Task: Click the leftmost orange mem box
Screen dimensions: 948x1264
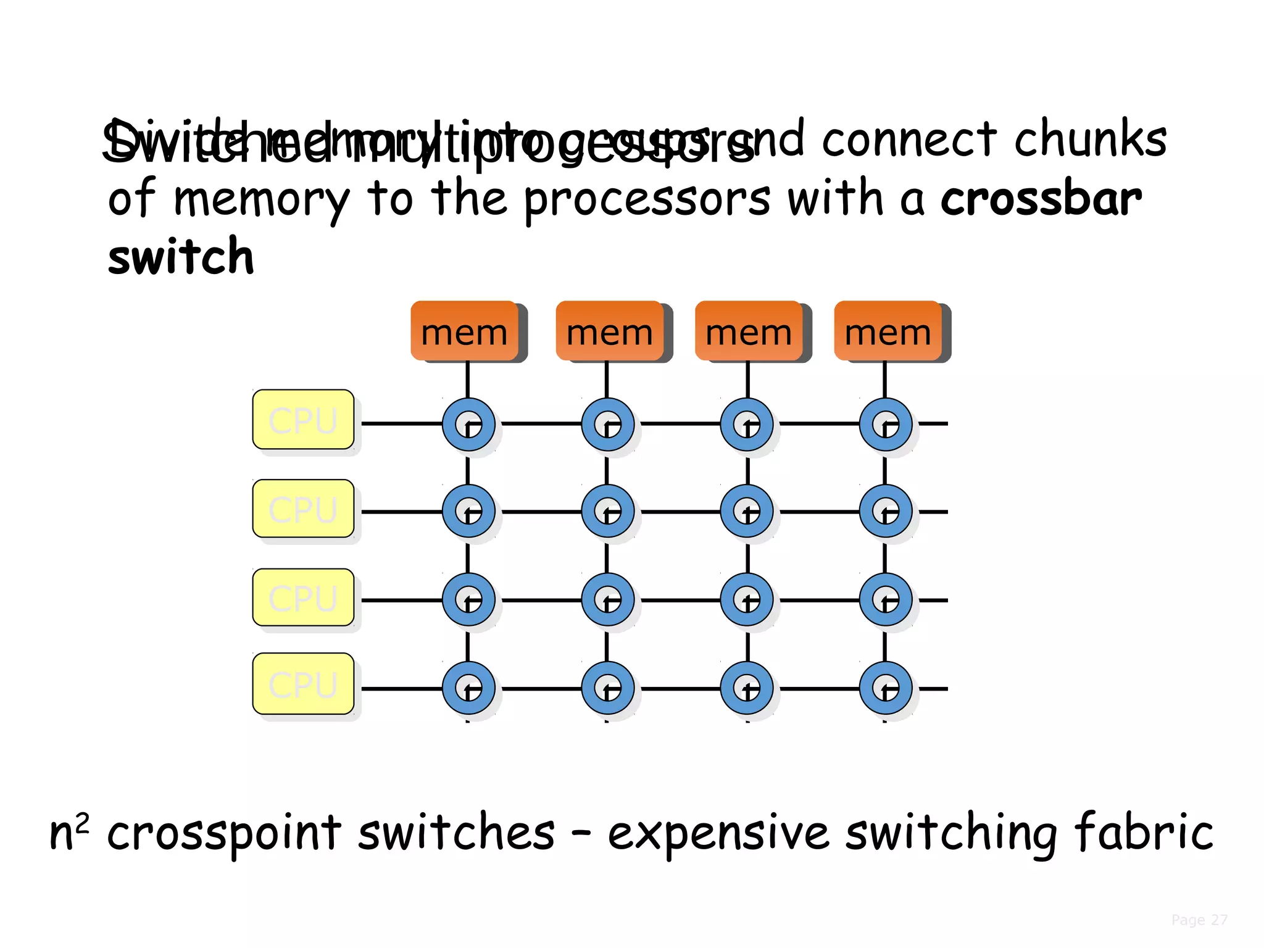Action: pos(464,331)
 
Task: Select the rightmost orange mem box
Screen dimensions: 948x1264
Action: pos(888,331)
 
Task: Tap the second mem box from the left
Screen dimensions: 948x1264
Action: pos(609,331)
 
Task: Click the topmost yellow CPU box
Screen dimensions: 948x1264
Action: pos(303,419)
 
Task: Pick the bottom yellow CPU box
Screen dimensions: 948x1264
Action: pos(303,683)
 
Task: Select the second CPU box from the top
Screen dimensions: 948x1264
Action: pos(303,508)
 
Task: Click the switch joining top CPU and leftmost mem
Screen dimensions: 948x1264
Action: pos(468,424)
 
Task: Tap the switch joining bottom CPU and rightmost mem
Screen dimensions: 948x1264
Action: pos(886,688)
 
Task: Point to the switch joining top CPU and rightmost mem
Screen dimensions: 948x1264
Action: pos(886,424)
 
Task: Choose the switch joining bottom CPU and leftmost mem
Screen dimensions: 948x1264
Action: pos(468,688)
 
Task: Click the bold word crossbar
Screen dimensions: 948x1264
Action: pos(1041,199)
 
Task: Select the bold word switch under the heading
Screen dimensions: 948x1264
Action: pos(180,256)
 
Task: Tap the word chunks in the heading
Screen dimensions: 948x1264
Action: pos(1090,139)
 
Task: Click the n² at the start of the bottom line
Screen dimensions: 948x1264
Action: pos(69,832)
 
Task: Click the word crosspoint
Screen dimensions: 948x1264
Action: pos(223,833)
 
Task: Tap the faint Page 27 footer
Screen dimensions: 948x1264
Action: pos(1199,920)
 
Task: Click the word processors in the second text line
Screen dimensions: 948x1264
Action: pos(647,199)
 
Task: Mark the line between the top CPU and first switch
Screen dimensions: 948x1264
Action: pos(401,423)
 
